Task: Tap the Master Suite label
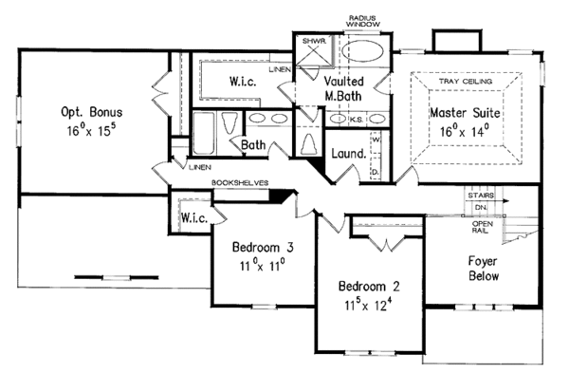(x=464, y=114)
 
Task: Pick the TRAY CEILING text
(x=464, y=83)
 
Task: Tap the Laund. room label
(x=349, y=152)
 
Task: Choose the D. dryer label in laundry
(x=376, y=171)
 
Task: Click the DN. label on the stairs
(x=481, y=207)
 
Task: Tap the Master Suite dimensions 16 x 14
(x=464, y=130)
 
